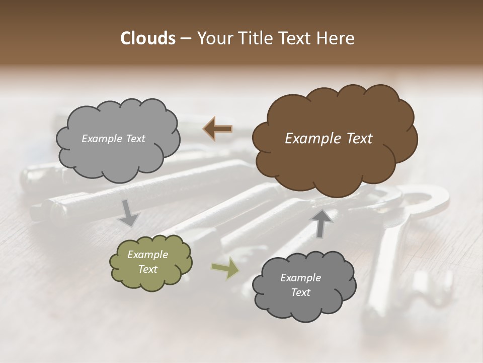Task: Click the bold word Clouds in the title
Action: (147, 38)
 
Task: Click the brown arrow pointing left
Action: (218, 129)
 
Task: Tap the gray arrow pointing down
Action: (129, 212)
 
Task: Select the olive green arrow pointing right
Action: (225, 269)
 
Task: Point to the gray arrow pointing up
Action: (322, 223)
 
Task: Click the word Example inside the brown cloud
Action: (311, 139)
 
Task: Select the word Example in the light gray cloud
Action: (102, 139)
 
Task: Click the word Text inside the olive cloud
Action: (148, 269)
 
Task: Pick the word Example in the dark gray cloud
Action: (300, 278)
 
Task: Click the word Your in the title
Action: (213, 38)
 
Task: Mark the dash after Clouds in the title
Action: (185, 39)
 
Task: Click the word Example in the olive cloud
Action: (148, 255)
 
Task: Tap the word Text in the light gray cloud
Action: (134, 139)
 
